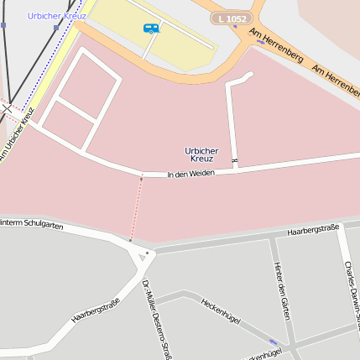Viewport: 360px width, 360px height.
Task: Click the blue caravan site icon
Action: coord(151,29)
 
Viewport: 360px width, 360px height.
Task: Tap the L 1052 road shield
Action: coord(232,18)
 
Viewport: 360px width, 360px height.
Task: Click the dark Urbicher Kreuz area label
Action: coord(201,154)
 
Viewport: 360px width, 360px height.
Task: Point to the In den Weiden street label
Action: coord(191,174)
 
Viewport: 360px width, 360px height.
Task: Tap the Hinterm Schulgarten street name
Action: coord(31,224)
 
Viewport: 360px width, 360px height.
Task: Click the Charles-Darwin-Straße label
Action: coord(350,290)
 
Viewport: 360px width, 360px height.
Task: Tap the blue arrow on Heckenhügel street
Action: coord(274,342)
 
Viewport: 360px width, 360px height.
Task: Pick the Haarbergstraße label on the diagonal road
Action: coord(95,310)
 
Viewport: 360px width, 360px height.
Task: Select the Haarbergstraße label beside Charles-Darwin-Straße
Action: coord(312,229)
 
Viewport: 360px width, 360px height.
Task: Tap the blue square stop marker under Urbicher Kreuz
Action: coord(56,28)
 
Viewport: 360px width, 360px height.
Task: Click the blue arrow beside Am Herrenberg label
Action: coord(260,41)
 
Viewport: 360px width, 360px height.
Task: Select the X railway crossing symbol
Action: coord(6,107)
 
